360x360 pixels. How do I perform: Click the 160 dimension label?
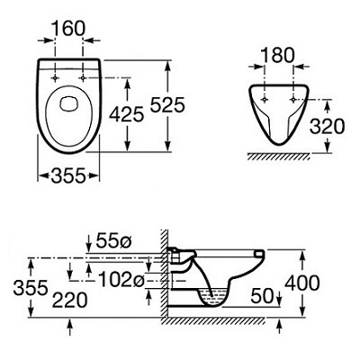[68, 29]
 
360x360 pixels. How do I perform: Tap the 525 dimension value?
[167, 105]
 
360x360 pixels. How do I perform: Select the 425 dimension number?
[127, 114]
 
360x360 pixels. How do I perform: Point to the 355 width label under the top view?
[68, 175]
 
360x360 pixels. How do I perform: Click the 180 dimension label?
[278, 56]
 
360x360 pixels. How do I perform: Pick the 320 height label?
[327, 126]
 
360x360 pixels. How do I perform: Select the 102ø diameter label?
[121, 279]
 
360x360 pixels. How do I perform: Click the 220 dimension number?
[70, 301]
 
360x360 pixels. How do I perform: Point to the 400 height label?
[302, 283]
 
